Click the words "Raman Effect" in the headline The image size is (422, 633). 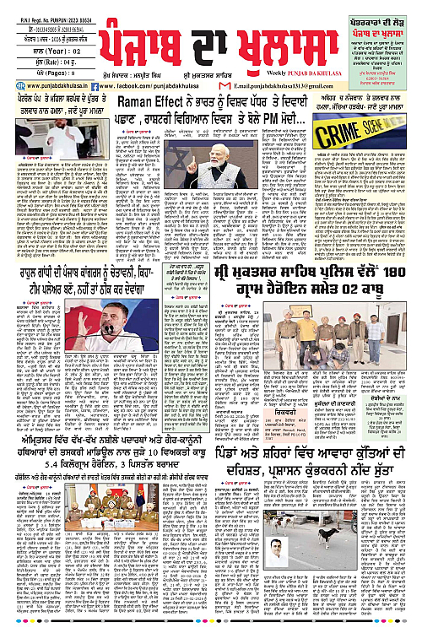point(150,103)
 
